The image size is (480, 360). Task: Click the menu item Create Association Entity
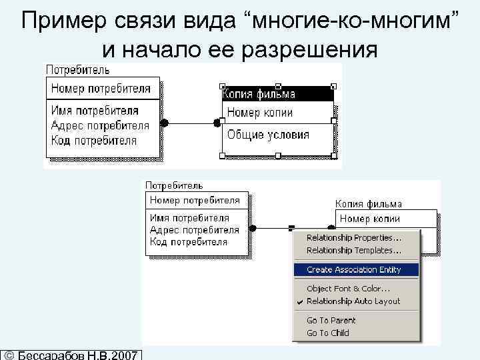(353, 270)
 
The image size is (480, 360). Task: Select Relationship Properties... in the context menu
(353, 238)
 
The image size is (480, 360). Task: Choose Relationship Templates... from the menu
(353, 251)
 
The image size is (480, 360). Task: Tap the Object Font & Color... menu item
(348, 289)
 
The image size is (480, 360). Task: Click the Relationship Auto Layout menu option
(353, 301)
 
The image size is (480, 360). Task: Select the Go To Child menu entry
(327, 333)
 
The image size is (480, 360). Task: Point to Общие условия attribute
(268, 134)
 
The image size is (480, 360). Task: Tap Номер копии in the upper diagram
(260, 113)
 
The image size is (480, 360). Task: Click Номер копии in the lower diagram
(369, 219)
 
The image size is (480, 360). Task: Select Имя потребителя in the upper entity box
(95, 111)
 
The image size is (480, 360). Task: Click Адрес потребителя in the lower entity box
(194, 230)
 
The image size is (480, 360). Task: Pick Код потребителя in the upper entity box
(93, 141)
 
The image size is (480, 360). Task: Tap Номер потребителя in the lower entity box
(194, 199)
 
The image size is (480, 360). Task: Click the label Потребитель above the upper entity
(77, 69)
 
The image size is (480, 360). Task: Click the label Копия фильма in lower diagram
(368, 204)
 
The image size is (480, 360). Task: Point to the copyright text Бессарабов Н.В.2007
(77, 353)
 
